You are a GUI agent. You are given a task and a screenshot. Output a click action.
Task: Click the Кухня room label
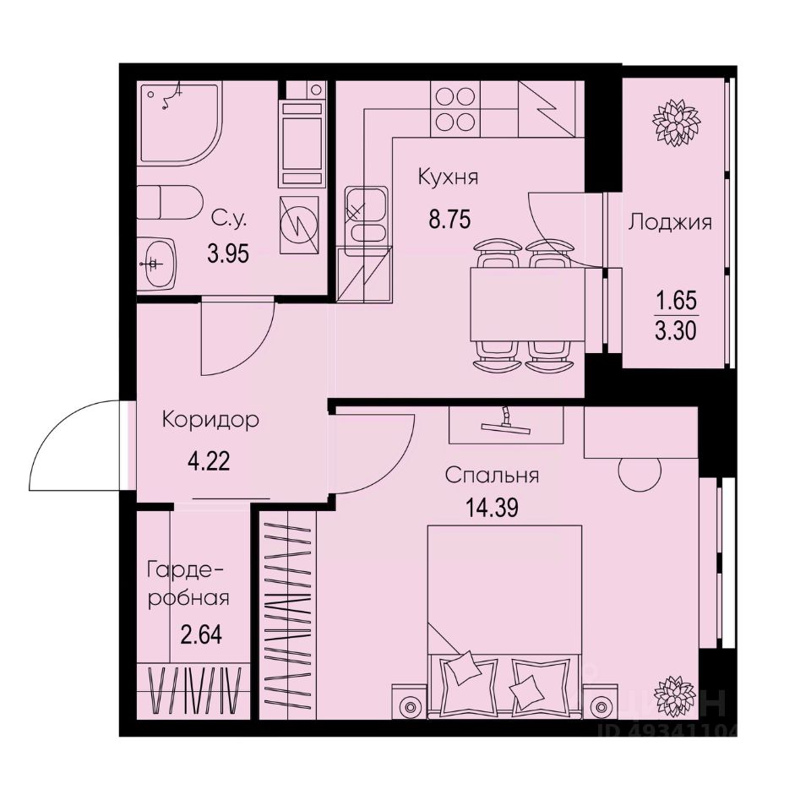click(448, 178)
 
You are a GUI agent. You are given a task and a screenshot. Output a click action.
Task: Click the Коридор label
click(210, 420)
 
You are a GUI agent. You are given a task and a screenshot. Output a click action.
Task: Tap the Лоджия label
click(670, 223)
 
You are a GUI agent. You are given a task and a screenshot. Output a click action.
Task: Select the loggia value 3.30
click(676, 329)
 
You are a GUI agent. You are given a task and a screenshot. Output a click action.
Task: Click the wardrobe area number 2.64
click(201, 634)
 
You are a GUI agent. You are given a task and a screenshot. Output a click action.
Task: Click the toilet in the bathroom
click(168, 204)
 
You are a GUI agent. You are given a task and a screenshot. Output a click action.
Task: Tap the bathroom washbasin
click(157, 261)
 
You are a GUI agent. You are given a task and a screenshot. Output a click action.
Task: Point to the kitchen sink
click(366, 216)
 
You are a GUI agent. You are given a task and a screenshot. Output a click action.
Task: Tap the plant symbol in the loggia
click(676, 122)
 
